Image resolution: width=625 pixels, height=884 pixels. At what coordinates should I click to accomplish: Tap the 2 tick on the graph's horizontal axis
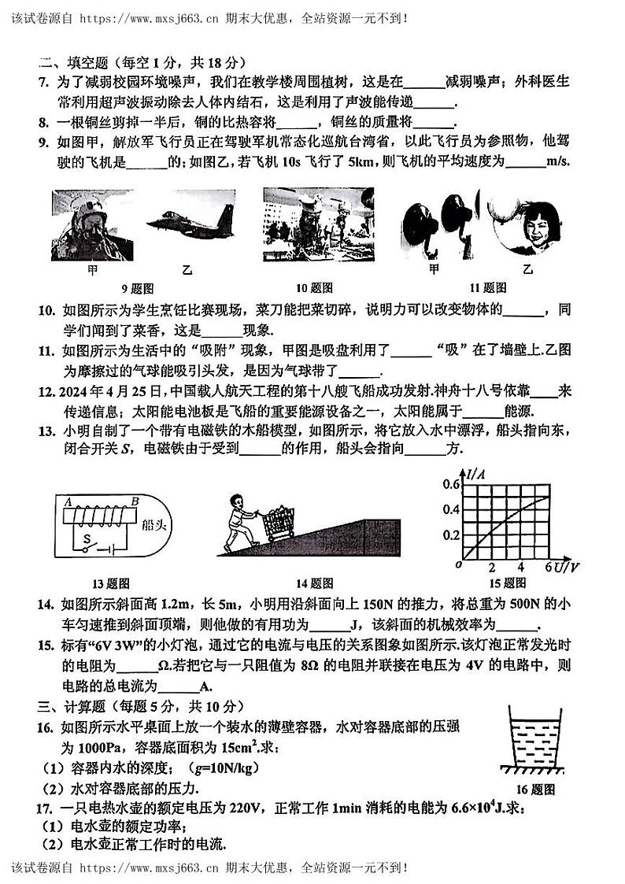492,568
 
